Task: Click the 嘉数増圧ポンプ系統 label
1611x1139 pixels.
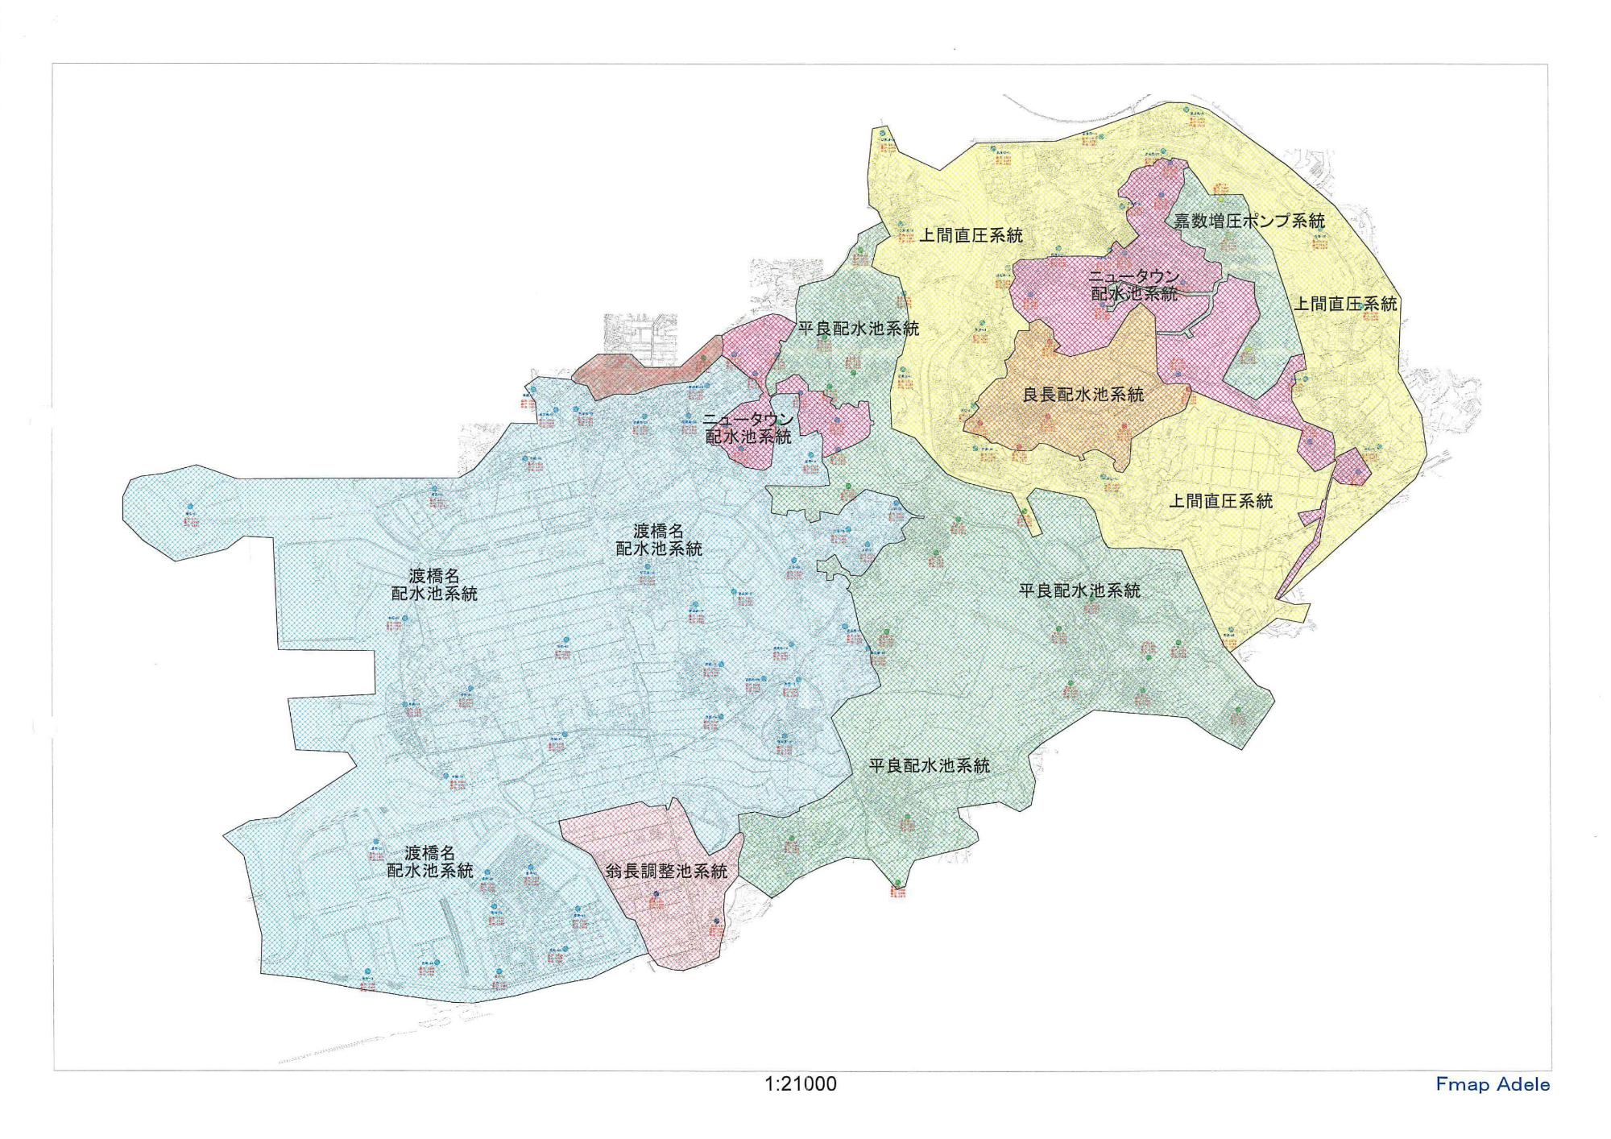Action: [x=1249, y=221]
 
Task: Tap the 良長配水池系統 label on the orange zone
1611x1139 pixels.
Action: [x=1083, y=395]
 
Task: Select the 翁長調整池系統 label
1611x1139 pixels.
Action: [x=666, y=871]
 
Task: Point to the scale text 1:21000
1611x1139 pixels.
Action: [x=801, y=1084]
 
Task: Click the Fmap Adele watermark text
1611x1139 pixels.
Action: [x=1492, y=1084]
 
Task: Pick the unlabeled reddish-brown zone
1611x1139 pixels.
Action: [x=636, y=374]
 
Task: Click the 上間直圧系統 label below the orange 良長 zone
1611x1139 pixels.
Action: [x=1220, y=501]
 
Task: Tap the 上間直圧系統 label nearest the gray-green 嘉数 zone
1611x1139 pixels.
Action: [x=1345, y=304]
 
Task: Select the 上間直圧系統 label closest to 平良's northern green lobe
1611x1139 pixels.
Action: [x=971, y=235]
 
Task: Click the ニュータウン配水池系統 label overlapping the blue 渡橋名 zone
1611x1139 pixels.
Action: [x=748, y=429]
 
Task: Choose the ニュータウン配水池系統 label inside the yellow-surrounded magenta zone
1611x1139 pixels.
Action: [x=1133, y=285]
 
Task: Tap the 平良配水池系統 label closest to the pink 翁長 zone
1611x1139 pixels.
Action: [x=929, y=766]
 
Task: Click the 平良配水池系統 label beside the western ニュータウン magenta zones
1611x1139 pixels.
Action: [x=858, y=329]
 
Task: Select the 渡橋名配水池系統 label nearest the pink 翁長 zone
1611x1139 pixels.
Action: [x=429, y=862]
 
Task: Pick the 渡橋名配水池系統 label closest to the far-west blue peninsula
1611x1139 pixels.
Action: [x=433, y=585]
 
